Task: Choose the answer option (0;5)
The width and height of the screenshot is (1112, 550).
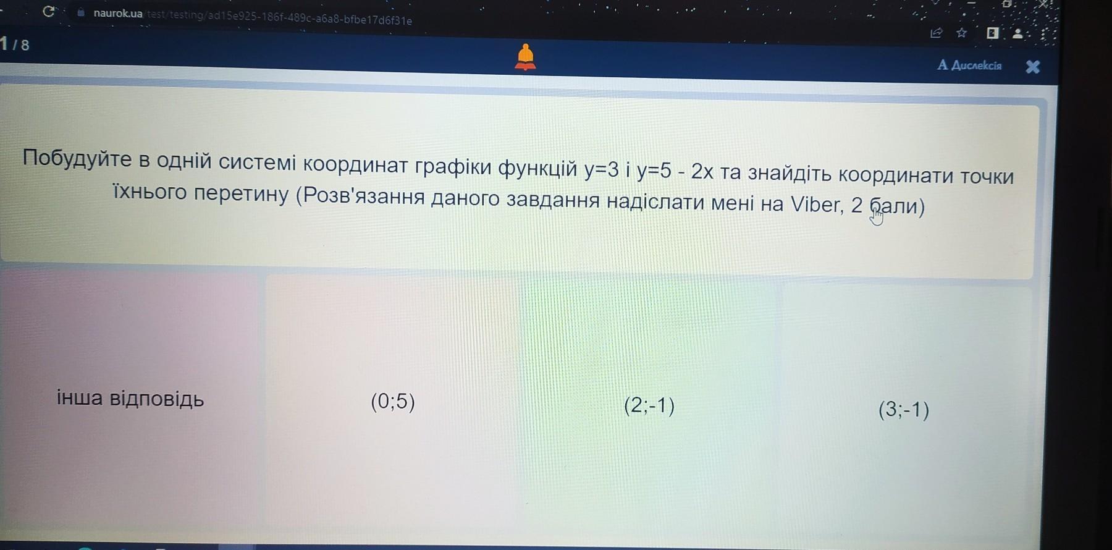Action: [393, 402]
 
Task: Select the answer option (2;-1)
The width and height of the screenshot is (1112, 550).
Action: [649, 406]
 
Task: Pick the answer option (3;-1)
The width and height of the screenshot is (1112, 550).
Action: [904, 410]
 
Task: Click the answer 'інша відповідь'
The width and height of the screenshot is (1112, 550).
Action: [130, 399]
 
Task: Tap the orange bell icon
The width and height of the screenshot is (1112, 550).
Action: [525, 57]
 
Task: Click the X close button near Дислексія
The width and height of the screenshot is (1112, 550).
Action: [1032, 67]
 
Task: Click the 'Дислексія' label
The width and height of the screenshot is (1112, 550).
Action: [969, 65]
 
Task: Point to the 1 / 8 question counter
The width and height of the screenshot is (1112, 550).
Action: [15, 44]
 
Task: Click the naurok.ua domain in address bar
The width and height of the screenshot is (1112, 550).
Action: [118, 13]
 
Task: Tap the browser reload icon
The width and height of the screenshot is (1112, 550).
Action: [49, 11]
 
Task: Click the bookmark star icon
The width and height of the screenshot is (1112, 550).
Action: [961, 33]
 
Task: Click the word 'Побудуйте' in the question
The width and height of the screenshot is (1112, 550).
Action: [77, 159]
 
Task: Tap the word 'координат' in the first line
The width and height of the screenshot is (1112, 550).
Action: [356, 164]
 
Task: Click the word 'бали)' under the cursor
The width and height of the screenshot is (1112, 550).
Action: [897, 206]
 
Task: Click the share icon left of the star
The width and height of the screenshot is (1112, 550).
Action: [937, 33]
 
